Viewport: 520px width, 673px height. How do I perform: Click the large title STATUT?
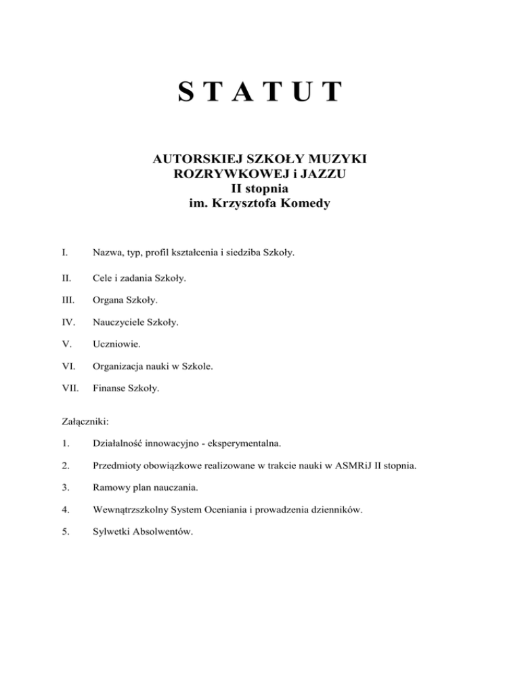click(260, 91)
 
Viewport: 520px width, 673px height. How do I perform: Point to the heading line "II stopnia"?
click(260, 188)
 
